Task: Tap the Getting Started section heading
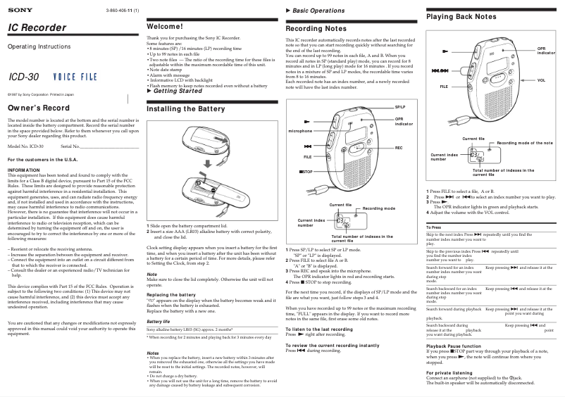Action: coord(177,92)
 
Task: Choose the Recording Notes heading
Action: coord(316,29)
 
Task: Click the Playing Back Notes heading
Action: coord(461,16)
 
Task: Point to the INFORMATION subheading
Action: coord(23,170)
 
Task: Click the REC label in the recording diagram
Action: coord(399,148)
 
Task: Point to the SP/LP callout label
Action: coord(399,106)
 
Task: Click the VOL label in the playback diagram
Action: coord(541,81)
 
